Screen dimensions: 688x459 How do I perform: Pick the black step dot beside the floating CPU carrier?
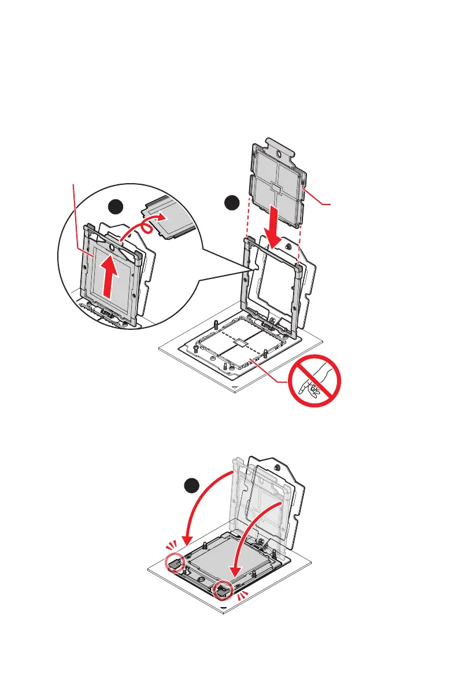pos(231,203)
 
